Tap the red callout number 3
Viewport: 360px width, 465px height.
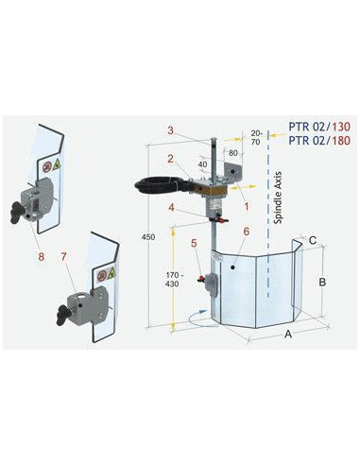coord(169,130)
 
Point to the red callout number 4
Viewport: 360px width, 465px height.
coord(170,207)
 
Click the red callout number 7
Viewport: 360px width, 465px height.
coord(63,256)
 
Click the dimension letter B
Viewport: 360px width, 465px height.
coord(322,281)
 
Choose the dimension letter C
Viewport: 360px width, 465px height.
coord(312,240)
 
